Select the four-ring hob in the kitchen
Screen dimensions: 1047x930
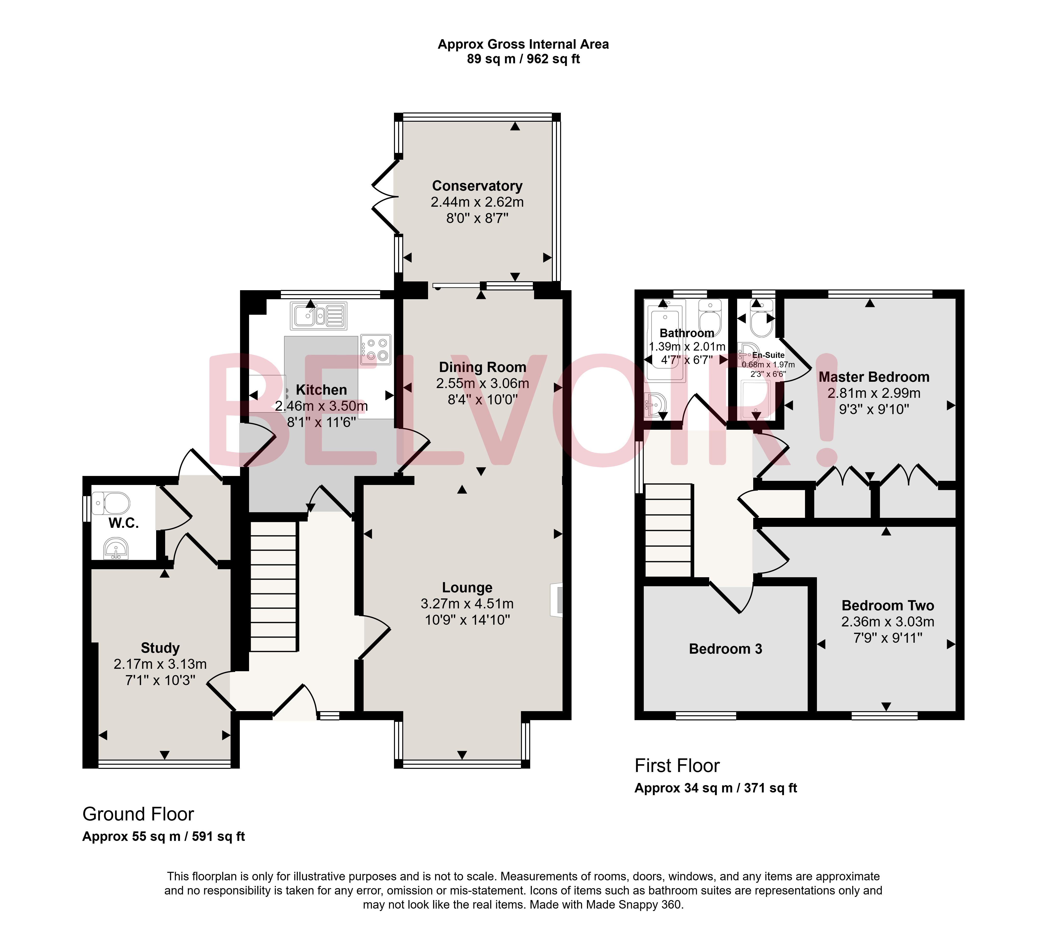point(376,349)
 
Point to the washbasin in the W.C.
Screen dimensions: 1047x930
point(116,549)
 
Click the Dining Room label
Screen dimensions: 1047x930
point(483,367)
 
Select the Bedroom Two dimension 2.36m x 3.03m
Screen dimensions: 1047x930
point(888,621)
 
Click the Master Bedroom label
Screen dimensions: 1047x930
point(874,377)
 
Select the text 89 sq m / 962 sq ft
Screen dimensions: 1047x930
point(523,59)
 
